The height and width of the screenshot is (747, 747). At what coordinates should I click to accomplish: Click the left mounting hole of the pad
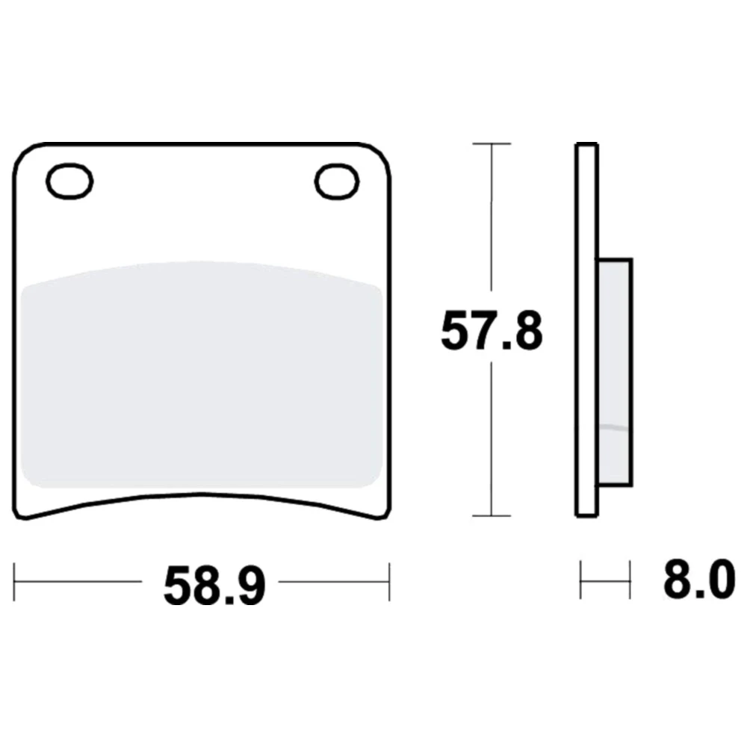coord(69,181)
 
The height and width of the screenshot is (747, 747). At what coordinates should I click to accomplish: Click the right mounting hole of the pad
coord(337,181)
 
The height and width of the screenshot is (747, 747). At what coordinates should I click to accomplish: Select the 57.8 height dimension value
coord(492,330)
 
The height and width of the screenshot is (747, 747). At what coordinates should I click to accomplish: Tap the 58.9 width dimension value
coord(214,585)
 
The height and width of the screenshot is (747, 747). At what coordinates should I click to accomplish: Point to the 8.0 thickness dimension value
coord(699,580)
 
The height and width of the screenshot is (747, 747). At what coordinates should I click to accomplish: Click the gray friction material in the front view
coord(202,374)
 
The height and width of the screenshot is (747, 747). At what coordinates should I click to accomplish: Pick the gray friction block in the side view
coord(615,372)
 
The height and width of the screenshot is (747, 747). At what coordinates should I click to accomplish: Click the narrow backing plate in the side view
coord(586,329)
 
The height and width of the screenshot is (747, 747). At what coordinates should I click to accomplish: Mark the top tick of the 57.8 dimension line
coord(492,143)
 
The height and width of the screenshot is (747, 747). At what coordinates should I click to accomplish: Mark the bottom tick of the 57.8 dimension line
coord(492,515)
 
